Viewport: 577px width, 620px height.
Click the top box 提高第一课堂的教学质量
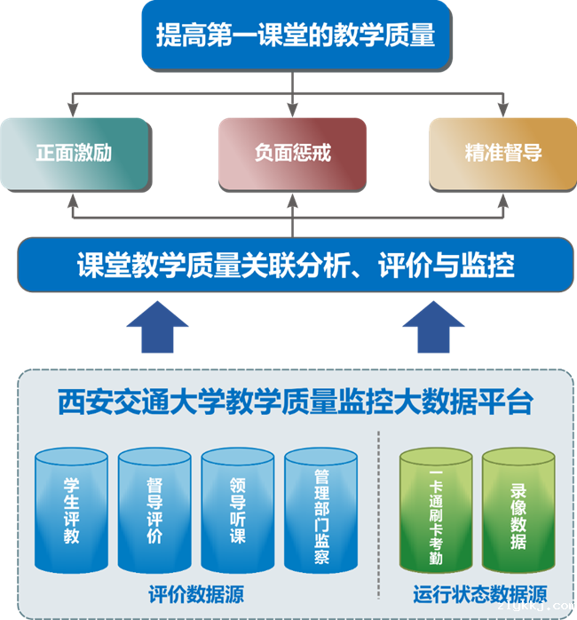coord(294,36)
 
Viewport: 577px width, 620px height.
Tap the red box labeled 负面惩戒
coord(292,153)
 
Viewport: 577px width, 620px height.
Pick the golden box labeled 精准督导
coord(502,153)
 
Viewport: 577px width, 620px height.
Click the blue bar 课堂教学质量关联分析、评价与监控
coord(295,265)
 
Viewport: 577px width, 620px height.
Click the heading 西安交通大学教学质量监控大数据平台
coord(295,402)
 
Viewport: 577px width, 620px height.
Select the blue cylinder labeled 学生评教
coord(72,511)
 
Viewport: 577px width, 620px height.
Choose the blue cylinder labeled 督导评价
coord(154,511)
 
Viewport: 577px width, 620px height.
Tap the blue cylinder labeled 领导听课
coord(238,511)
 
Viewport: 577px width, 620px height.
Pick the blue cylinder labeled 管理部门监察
coord(321,511)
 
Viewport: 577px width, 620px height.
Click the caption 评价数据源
coord(196,593)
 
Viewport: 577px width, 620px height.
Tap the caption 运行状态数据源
coord(479,593)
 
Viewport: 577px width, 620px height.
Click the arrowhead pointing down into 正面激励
coord(72,109)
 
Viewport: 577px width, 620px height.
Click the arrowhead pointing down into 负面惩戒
coord(292,109)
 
